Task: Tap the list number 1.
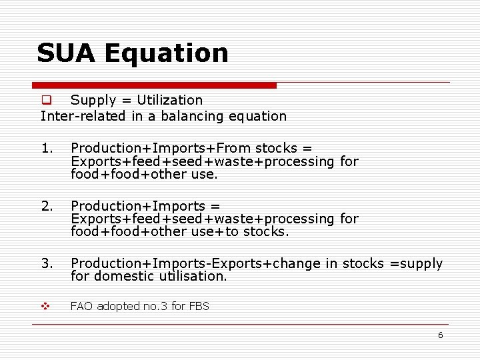click(45, 148)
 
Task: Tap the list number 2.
click(45, 206)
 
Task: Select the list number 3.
click(45, 264)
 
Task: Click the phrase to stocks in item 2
click(256, 232)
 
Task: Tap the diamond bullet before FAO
click(46, 307)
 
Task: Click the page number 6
click(440, 335)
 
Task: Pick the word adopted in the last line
click(118, 307)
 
